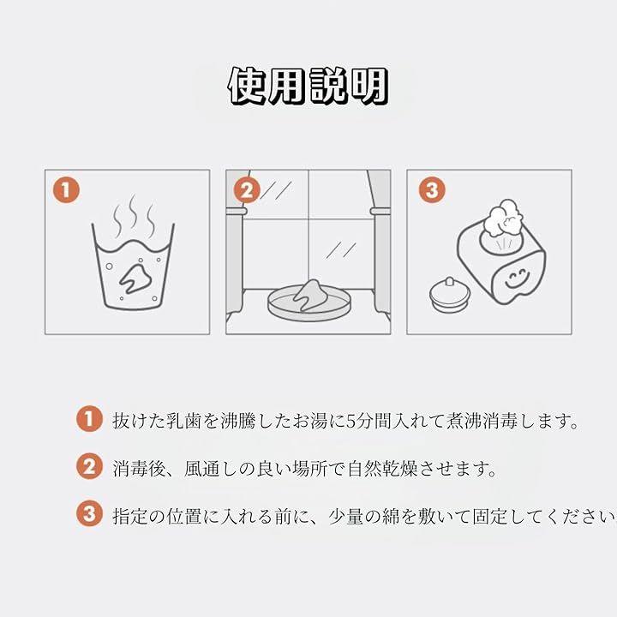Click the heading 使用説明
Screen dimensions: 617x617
(308, 87)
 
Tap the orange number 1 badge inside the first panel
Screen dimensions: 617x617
(66, 190)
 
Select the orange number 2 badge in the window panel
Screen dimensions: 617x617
(247, 190)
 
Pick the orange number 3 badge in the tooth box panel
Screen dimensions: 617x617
(432, 190)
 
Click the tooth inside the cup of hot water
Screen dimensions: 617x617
(135, 278)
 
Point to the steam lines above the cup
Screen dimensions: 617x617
(133, 216)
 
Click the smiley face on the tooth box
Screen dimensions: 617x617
(517, 278)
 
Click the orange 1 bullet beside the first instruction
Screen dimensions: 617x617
(89, 419)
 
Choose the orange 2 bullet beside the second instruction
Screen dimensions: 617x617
(89, 466)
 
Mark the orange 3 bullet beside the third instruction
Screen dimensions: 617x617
(89, 513)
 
